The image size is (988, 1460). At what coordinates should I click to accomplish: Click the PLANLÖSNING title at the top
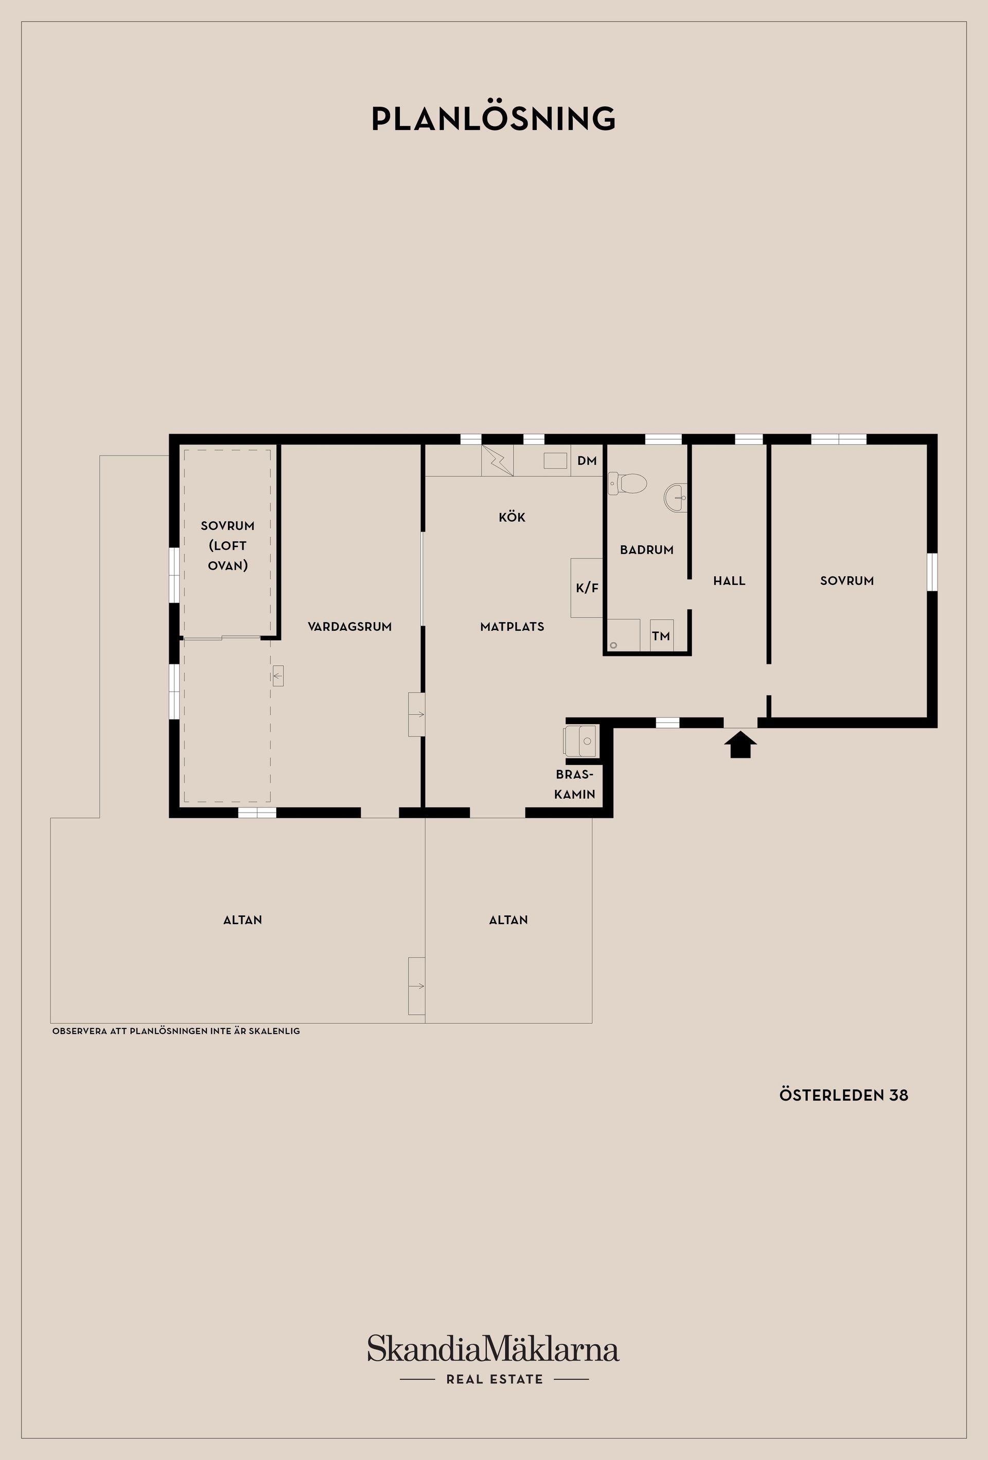493,119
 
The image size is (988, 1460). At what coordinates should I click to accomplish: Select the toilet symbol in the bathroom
628,483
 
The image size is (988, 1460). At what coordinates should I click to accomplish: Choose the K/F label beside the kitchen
587,588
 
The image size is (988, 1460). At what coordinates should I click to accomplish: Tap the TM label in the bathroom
661,636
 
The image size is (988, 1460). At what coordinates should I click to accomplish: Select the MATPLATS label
511,626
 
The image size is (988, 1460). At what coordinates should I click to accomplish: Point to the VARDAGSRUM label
349,626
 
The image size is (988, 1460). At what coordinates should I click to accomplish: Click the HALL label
729,581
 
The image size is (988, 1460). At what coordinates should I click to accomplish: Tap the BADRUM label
646,550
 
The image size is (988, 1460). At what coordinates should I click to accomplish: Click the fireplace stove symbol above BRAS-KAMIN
580,741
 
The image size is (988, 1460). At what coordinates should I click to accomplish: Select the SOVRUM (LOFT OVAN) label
227,545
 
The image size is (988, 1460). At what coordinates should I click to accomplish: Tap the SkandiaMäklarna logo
493,1349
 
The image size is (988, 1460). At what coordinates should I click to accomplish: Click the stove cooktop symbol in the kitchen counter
497,460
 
